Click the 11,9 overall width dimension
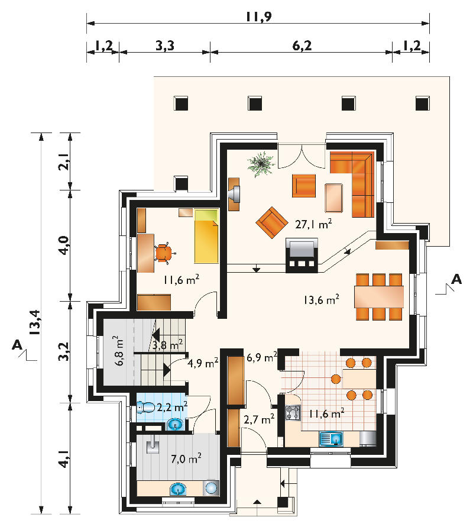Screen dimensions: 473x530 pos(258,16)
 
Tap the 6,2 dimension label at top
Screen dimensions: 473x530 pos(302,46)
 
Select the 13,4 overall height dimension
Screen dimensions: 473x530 pos(35,322)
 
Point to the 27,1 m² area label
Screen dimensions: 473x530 pos(313,224)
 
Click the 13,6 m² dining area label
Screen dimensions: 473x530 pos(322,299)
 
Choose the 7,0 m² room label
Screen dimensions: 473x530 pos(186,458)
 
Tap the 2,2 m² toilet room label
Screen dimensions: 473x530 pos(172,407)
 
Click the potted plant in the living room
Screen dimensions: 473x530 pos(261,164)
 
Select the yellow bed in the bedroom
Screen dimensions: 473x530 pos(206,236)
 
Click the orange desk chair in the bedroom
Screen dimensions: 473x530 pos(164,253)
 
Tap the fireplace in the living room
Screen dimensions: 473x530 pos(302,255)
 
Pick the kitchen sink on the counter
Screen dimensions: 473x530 pos(331,439)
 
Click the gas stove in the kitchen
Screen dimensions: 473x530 pos(293,413)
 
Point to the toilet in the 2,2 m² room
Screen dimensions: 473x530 pos(146,407)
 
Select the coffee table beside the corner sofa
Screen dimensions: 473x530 pos(334,198)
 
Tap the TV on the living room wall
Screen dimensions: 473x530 pos(234,194)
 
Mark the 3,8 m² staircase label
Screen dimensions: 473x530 pos(168,345)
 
